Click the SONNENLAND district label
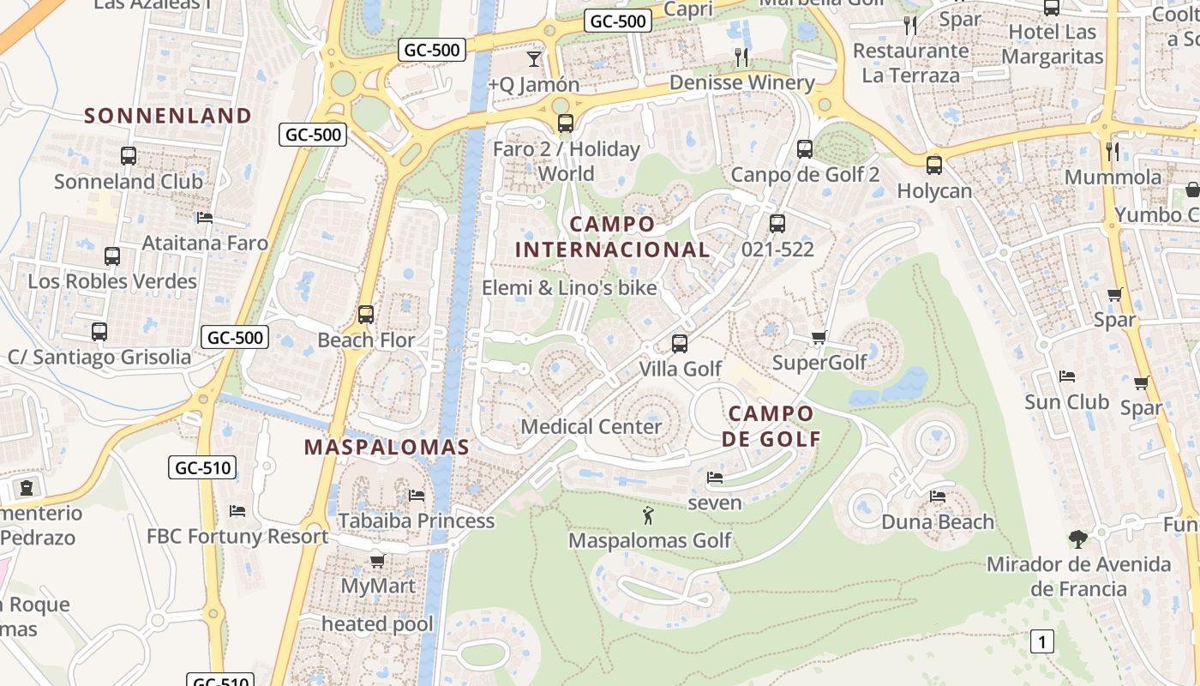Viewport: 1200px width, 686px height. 168,116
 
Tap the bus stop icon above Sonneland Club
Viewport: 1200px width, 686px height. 129,156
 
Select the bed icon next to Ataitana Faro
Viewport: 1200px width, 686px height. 204,218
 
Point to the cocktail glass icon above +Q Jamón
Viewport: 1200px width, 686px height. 534,58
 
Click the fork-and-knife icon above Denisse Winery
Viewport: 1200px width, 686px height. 742,57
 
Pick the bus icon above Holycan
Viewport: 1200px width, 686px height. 934,165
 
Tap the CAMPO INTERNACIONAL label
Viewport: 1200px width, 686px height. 613,237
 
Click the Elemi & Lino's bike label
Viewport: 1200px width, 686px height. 569,288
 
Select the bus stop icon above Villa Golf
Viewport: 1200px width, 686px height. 680,344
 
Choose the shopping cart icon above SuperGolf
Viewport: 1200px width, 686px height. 819,337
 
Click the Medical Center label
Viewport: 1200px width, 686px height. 591,426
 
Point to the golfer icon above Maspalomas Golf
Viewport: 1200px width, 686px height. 649,515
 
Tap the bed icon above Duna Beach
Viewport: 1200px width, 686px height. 938,496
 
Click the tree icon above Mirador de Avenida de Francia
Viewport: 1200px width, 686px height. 1077,539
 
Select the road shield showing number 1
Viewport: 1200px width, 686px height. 1041,641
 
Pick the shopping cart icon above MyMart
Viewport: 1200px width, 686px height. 377,562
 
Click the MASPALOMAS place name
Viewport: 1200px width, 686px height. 387,447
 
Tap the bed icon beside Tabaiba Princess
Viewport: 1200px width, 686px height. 417,496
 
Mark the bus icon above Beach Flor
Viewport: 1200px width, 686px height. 366,314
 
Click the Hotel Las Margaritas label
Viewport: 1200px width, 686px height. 1053,45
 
